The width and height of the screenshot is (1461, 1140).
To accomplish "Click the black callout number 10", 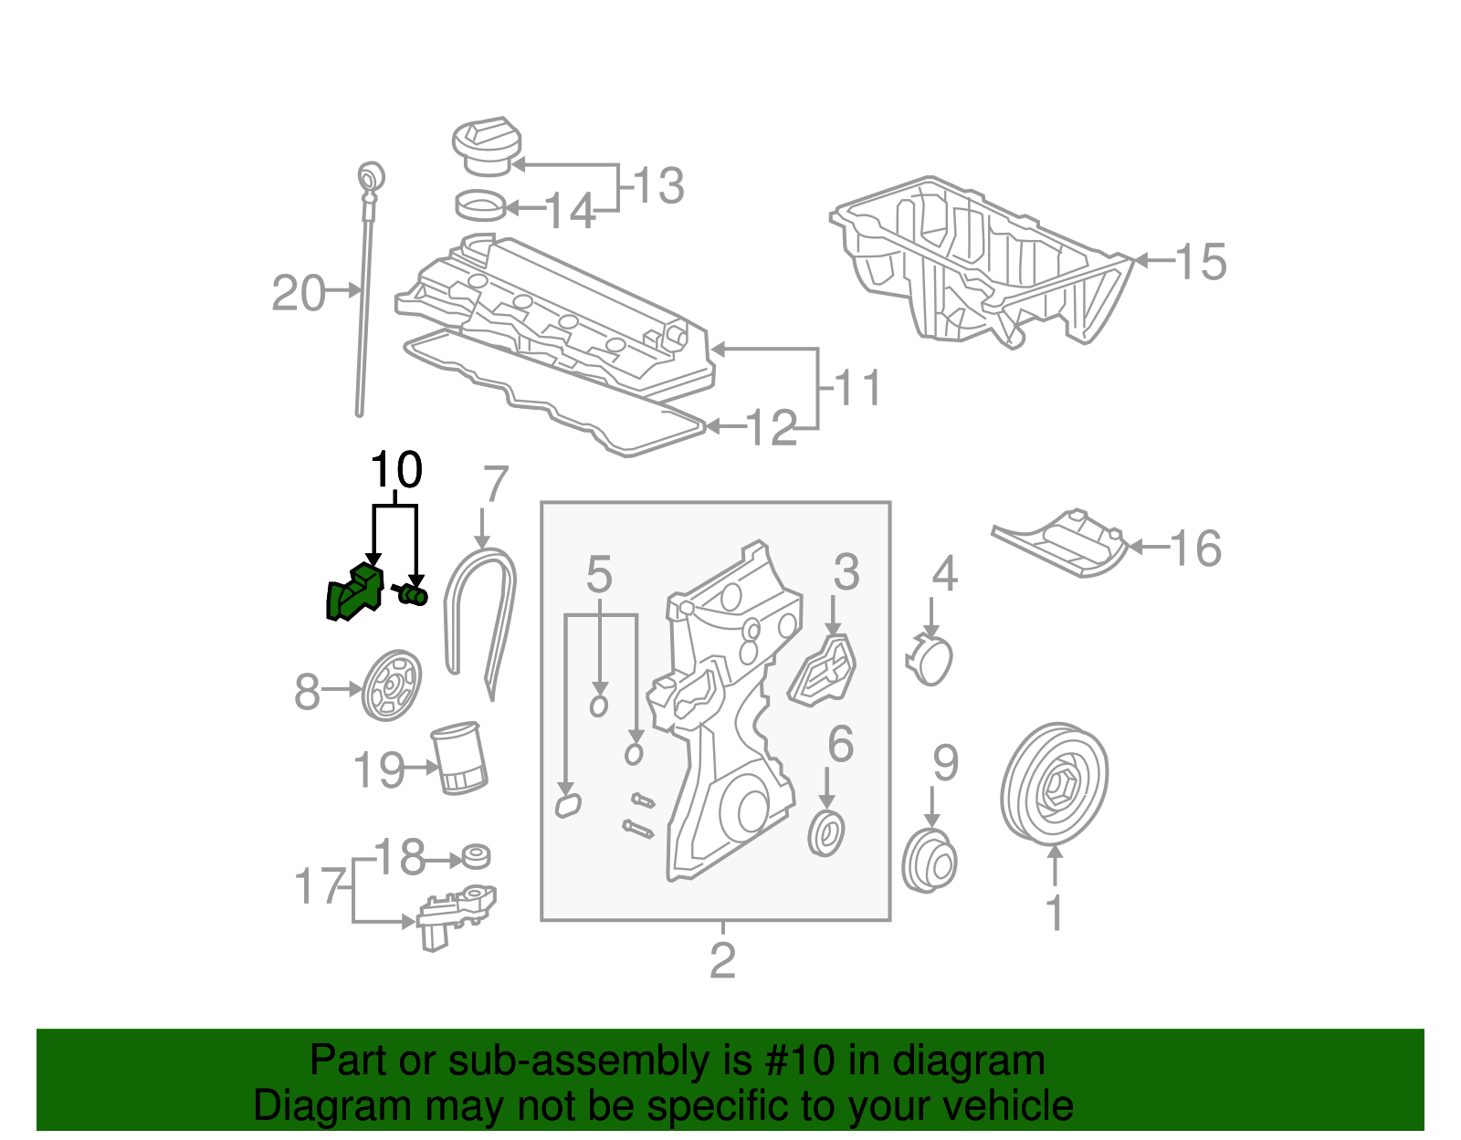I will pyautogui.click(x=395, y=471).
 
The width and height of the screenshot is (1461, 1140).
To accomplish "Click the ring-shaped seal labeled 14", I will pyautogui.click(x=480, y=206).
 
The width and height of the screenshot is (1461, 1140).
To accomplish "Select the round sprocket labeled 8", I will pyautogui.click(x=393, y=686).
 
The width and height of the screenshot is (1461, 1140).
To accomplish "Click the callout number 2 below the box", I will pyautogui.click(x=722, y=960).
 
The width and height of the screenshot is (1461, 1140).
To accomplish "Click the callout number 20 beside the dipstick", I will pyautogui.click(x=298, y=294).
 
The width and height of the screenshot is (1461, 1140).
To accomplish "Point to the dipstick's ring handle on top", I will pyautogui.click(x=371, y=175).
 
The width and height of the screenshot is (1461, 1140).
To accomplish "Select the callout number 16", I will pyautogui.click(x=1194, y=549).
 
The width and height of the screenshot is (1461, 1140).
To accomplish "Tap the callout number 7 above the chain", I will pyautogui.click(x=494, y=485).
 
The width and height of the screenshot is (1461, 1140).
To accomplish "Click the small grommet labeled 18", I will pyautogui.click(x=476, y=857).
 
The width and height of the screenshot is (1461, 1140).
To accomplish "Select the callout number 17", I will pyautogui.click(x=319, y=886).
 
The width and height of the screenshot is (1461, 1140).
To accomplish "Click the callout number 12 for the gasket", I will pyautogui.click(x=772, y=428).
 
